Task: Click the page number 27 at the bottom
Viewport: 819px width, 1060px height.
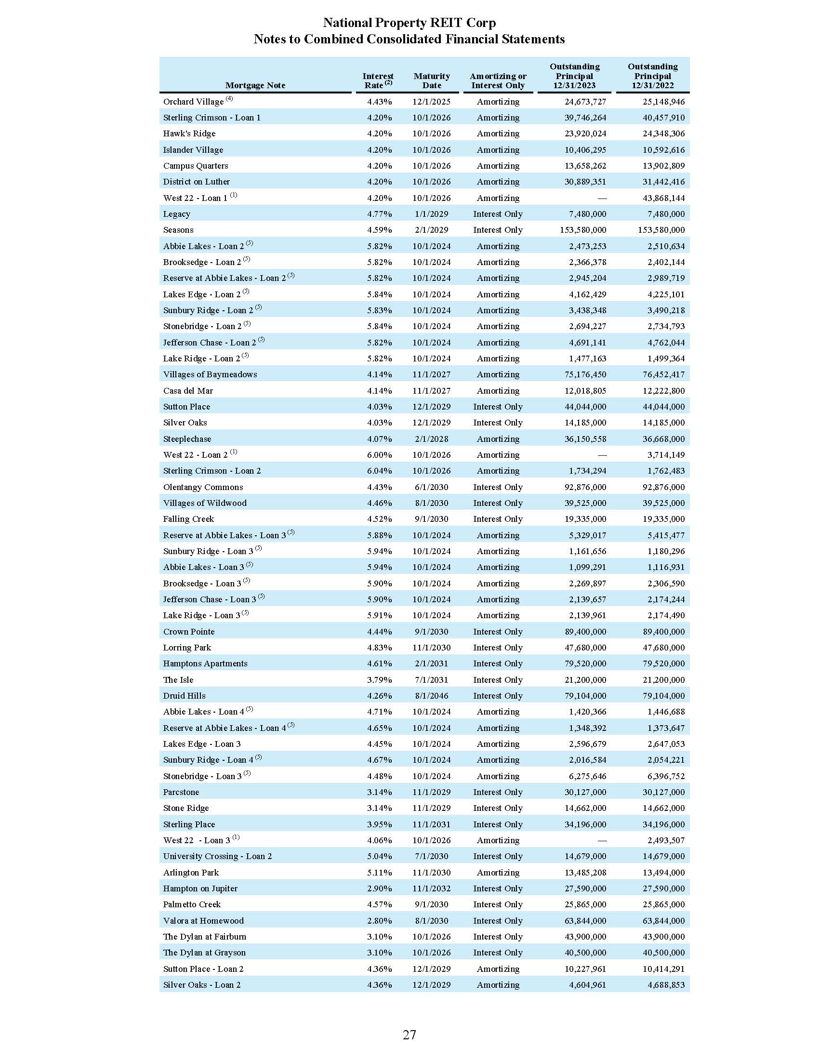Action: [x=409, y=1034]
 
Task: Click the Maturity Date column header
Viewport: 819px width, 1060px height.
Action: [x=431, y=80]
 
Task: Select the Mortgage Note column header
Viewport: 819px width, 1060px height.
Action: [x=255, y=85]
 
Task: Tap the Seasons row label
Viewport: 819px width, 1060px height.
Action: [x=178, y=230]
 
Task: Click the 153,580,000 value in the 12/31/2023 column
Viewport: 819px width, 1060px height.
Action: [x=583, y=230]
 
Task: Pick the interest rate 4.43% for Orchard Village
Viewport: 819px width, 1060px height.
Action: [x=379, y=102]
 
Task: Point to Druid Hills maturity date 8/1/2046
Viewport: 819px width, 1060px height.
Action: [x=431, y=695]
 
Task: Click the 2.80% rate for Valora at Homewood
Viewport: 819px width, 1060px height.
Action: [x=379, y=921]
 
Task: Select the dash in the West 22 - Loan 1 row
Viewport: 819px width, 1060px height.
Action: [x=602, y=198]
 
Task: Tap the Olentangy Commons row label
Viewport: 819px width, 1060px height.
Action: [x=203, y=487]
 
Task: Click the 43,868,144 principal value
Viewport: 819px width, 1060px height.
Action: [x=663, y=198]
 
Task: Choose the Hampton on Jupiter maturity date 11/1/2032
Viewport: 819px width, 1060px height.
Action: [x=431, y=888]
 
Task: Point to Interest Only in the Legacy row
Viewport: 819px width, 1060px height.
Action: [x=498, y=214]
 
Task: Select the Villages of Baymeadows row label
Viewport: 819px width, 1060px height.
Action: [x=210, y=374]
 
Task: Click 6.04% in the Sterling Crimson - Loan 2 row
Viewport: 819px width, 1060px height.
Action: [x=379, y=471]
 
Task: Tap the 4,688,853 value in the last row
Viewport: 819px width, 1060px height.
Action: [x=666, y=985]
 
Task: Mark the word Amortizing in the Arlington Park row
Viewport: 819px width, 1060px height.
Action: [x=498, y=872]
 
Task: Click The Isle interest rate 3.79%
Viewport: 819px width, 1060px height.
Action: [x=379, y=679]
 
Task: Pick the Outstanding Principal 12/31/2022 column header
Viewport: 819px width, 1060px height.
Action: [x=653, y=76]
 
